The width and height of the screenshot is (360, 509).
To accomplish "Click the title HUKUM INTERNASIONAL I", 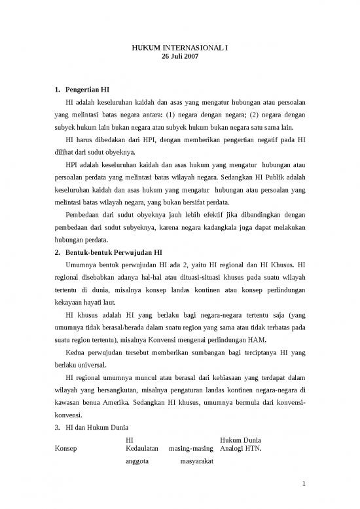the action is point(179,48).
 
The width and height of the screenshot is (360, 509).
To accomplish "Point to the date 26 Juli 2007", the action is point(179,57).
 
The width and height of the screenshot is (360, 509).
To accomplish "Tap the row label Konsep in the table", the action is point(66,449).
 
